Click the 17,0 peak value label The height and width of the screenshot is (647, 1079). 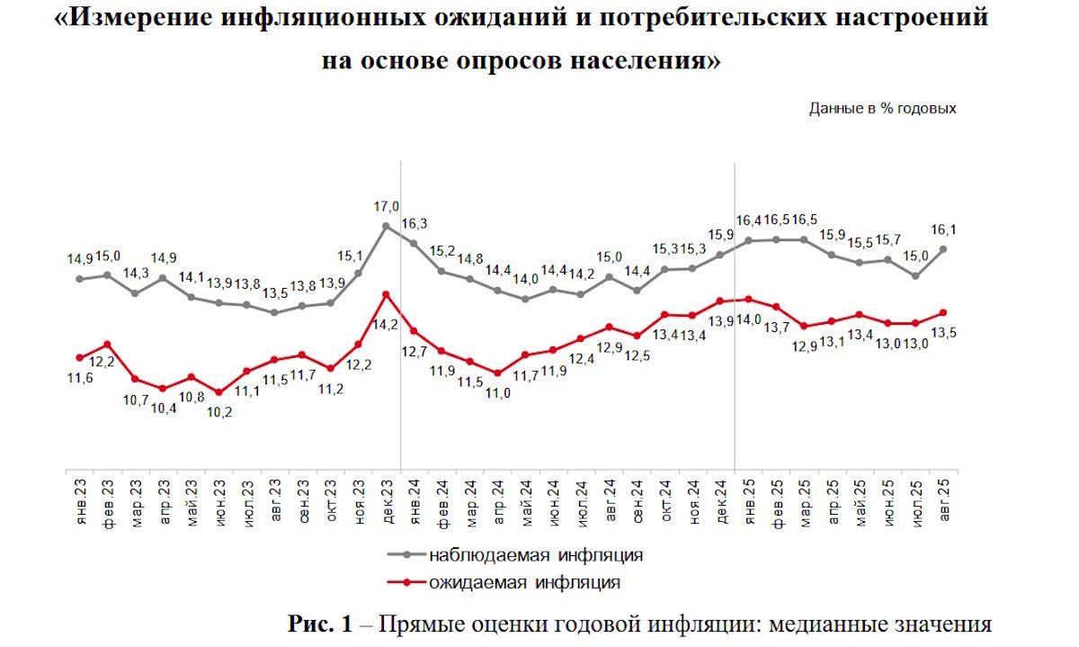pos(387,206)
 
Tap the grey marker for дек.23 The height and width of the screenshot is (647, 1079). pos(386,226)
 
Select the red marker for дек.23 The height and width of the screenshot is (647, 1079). pos(386,294)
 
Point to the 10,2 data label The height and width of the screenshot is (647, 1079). pos(218,413)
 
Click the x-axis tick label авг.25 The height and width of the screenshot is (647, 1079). pos(943,499)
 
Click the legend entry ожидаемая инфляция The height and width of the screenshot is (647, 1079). pos(524,582)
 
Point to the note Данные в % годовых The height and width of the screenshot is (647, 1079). pos(882,108)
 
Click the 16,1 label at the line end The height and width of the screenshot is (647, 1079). pos(943,229)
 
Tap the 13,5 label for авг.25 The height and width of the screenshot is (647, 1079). pos(942,333)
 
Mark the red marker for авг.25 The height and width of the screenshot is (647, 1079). pos(943,312)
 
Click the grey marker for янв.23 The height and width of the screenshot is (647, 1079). pos(79,279)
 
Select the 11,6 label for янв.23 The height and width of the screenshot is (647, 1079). pos(79,379)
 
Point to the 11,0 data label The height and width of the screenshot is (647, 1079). pos(496,392)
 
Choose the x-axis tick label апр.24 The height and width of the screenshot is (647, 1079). pos(497,499)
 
